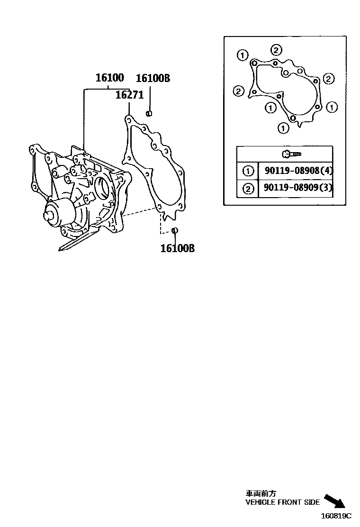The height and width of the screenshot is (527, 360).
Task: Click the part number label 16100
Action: (x=109, y=78)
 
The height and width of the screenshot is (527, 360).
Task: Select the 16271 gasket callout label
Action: (x=129, y=95)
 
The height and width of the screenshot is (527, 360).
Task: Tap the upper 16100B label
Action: (x=153, y=79)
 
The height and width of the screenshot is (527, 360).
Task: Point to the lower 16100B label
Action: (x=177, y=248)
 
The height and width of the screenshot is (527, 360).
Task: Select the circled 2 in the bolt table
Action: (x=248, y=189)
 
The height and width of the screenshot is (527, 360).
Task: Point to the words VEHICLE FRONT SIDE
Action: (x=282, y=502)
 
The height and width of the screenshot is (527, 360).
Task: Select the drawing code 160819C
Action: (x=337, y=516)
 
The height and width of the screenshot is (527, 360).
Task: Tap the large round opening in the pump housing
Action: (x=103, y=188)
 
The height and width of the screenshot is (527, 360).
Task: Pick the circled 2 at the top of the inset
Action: (x=277, y=50)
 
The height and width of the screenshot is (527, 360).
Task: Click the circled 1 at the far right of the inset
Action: (x=332, y=108)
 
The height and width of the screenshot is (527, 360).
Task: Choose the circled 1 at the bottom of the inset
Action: (x=283, y=127)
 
